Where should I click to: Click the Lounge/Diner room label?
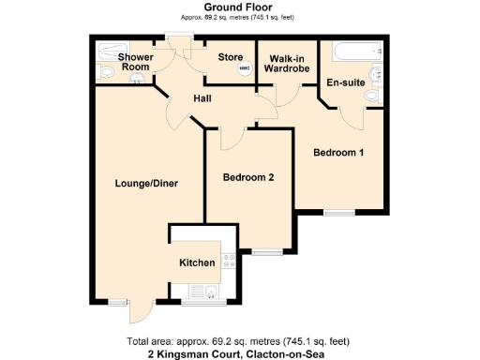pos(141,182)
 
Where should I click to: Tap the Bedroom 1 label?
pos(338,153)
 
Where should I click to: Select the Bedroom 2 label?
pos(247,178)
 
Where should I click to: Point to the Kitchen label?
pos(197,262)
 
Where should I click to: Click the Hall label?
pos(202,98)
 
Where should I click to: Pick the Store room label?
pos(231,57)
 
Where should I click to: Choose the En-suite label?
pos(344,82)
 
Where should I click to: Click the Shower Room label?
pos(135,62)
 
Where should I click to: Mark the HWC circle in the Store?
pos(245,69)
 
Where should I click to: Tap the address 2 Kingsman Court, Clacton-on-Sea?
pos(240,353)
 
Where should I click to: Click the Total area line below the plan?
pos(240,340)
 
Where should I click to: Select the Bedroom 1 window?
pos(339,214)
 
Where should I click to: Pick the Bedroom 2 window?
pos(266,250)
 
